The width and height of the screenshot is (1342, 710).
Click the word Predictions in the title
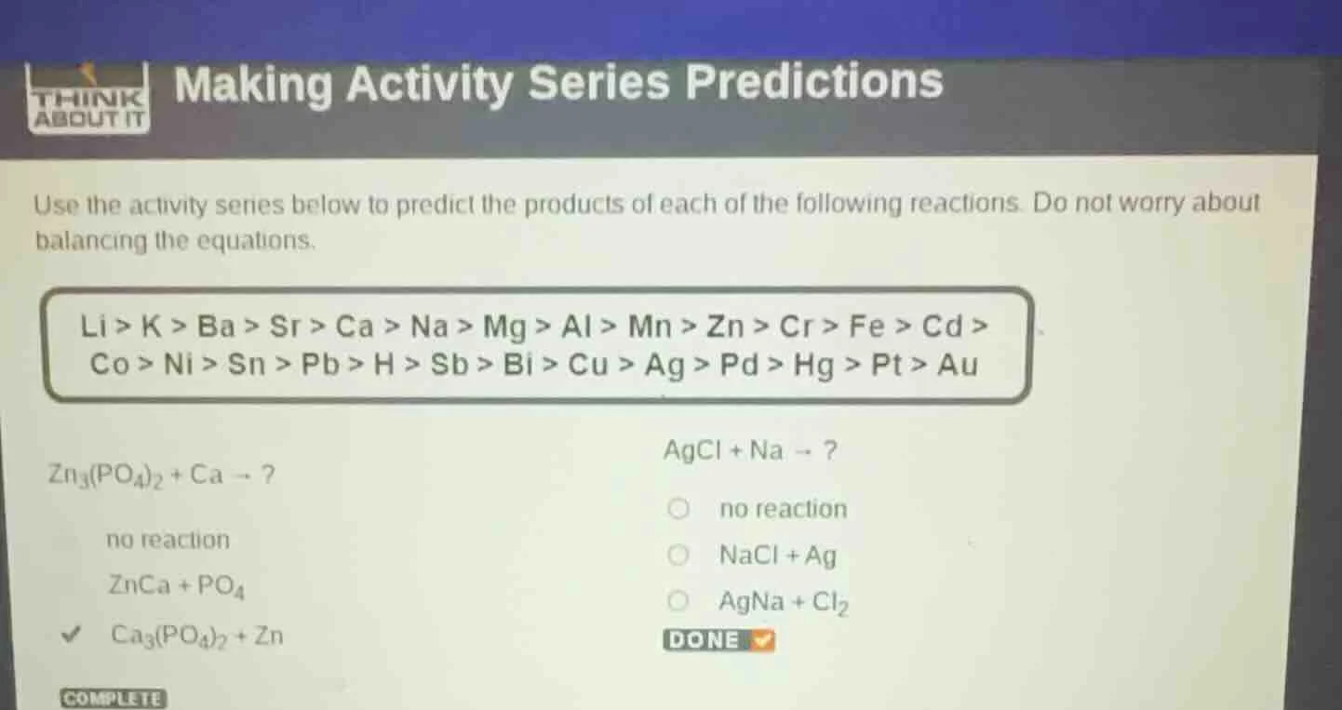[x=814, y=83]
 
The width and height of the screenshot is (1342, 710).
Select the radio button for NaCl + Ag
[x=679, y=556]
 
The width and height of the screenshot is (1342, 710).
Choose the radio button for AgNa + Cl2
[x=679, y=602]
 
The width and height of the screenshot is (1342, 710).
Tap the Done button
[x=718, y=640]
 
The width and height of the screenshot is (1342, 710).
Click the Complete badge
[x=113, y=699]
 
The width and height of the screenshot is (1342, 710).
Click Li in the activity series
[x=94, y=327]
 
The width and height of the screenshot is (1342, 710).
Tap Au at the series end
[x=958, y=365]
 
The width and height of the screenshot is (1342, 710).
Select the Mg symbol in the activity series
[x=505, y=327]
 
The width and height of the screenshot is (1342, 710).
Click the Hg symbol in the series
[x=813, y=365]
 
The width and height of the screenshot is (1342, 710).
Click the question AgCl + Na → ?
[x=750, y=451]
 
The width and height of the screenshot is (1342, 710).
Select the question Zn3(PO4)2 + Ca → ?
[x=162, y=475]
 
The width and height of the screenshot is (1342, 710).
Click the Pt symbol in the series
[x=886, y=365]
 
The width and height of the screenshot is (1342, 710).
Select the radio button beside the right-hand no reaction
[x=679, y=509]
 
